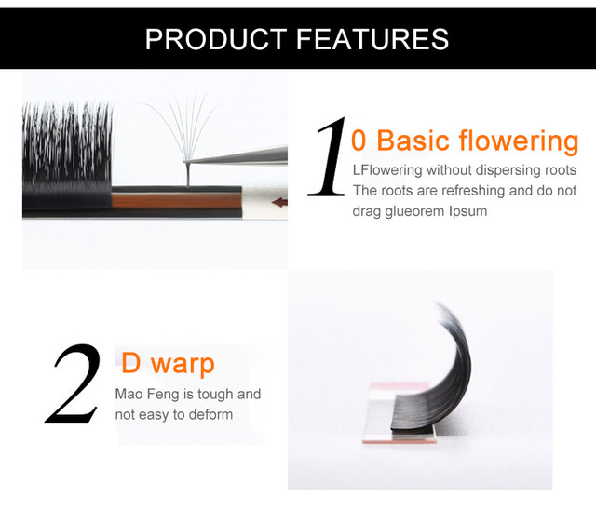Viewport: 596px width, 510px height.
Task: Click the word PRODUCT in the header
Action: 216,39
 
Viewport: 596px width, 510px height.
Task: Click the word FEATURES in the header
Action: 372,39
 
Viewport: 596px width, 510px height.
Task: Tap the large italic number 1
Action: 329,156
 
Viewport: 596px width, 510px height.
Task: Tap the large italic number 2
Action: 73,383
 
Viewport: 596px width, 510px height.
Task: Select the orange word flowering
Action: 519,141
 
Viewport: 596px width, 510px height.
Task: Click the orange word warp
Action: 183,364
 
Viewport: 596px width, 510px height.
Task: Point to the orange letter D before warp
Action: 131,362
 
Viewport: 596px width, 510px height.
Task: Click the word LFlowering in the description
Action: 387,170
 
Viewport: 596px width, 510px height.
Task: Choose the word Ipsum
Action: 467,211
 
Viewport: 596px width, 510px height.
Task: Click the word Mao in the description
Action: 129,394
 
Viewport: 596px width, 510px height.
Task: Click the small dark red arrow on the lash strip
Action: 279,202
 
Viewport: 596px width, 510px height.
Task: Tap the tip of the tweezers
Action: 186,162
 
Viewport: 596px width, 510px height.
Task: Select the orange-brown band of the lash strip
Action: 176,200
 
